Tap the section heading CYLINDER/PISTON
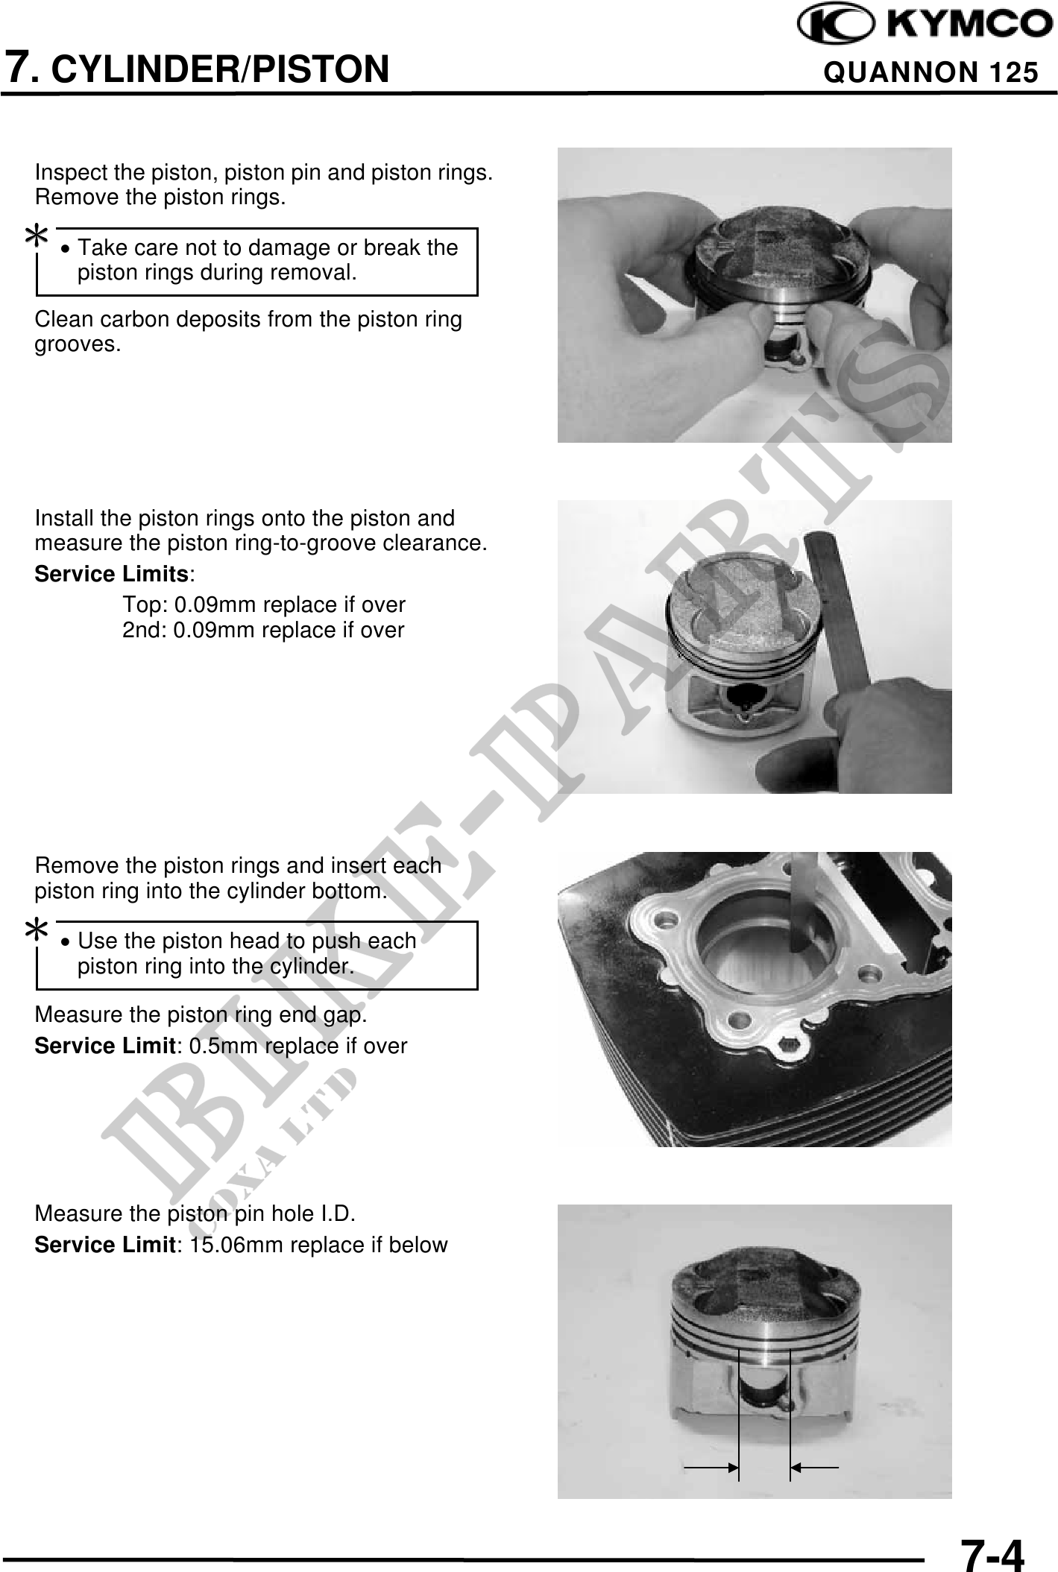click(x=223, y=69)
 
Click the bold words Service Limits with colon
click(x=116, y=574)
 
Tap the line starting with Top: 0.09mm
click(x=264, y=604)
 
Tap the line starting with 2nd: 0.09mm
click(x=263, y=630)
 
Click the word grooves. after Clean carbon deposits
click(x=78, y=345)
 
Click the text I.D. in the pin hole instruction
click(x=338, y=1213)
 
